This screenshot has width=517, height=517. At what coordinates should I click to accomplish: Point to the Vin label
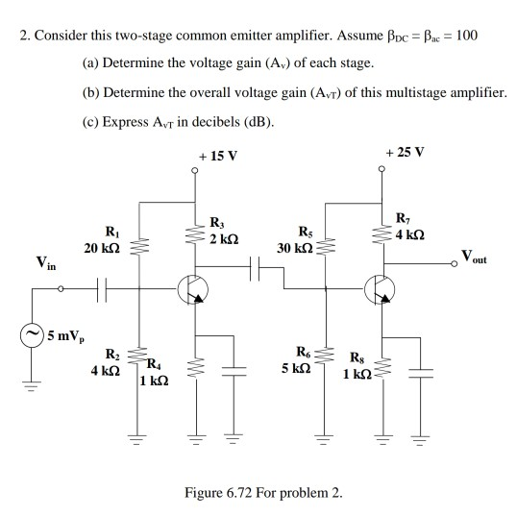[x=44, y=260]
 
